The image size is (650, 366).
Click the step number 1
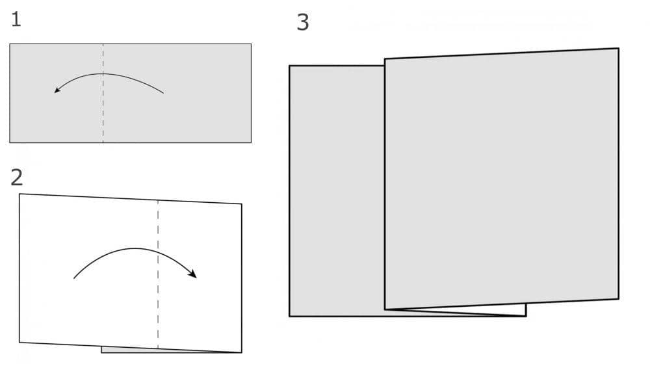coord(16,20)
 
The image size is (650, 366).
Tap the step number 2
coord(17,177)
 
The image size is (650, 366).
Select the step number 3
coord(303,22)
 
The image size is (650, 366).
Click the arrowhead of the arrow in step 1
coord(57,90)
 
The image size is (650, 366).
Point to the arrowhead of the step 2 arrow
coord(192,274)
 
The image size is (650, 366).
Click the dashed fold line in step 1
coord(103,93)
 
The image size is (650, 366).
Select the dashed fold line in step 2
coord(158,274)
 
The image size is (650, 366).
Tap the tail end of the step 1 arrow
coord(163,93)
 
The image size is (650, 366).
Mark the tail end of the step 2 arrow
coord(74,278)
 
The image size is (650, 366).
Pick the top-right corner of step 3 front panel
coord(619,49)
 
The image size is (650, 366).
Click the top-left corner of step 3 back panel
coord(289,66)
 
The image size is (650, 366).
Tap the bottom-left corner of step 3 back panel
coord(289,316)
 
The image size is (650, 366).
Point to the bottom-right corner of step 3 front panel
coord(619,298)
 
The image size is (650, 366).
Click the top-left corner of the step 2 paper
coord(19,194)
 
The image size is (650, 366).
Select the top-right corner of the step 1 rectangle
coord(251,44)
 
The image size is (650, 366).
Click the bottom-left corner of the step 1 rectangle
coord(10,142)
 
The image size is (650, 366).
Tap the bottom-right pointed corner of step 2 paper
coord(242,353)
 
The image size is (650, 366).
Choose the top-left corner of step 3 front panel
coord(385,59)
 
